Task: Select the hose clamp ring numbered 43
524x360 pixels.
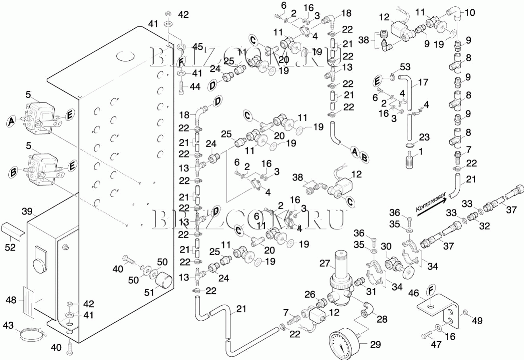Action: pos(32,334)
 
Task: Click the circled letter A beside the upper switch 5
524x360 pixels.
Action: pos(12,120)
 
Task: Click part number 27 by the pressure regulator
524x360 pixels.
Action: pos(325,263)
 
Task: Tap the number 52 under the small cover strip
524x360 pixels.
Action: pos(10,247)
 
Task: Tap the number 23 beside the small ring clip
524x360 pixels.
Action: pos(424,137)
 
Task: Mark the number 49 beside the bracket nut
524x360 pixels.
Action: pos(478,320)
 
